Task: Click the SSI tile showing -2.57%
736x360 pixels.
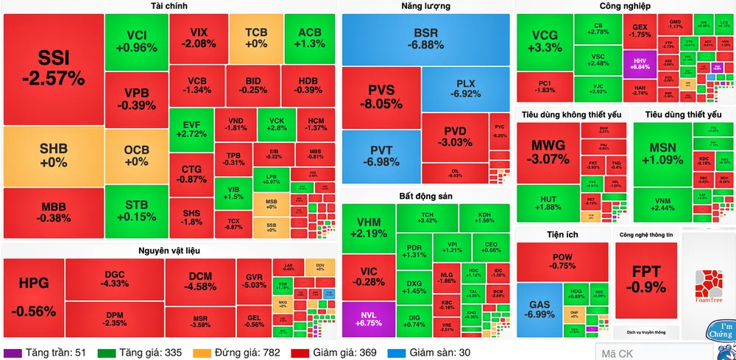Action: pyautogui.click(x=52, y=68)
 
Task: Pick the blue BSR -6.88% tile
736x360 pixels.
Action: pyautogui.click(x=425, y=39)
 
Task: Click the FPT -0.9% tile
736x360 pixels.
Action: pyautogui.click(x=646, y=278)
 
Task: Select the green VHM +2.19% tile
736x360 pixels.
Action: pyautogui.click(x=368, y=227)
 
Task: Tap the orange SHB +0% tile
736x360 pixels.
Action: pyautogui.click(x=53, y=155)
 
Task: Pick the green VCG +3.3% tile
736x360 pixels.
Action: pyautogui.click(x=545, y=41)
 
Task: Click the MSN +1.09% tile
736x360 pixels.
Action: pyautogui.click(x=662, y=153)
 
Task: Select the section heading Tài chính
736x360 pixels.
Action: pyautogui.click(x=169, y=7)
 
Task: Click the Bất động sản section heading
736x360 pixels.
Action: pyautogui.click(x=425, y=197)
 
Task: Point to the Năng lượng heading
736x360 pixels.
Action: pyautogui.click(x=425, y=7)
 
